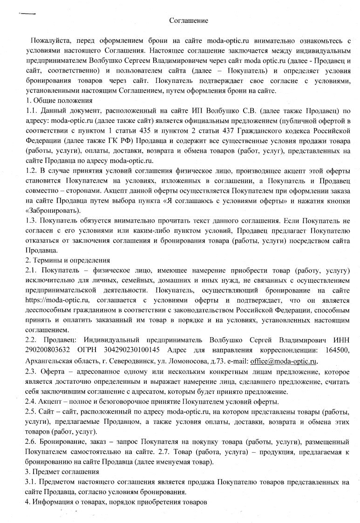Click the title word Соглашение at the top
pyautogui.click(x=188, y=21)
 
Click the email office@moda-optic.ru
pyautogui.click(x=284, y=361)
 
